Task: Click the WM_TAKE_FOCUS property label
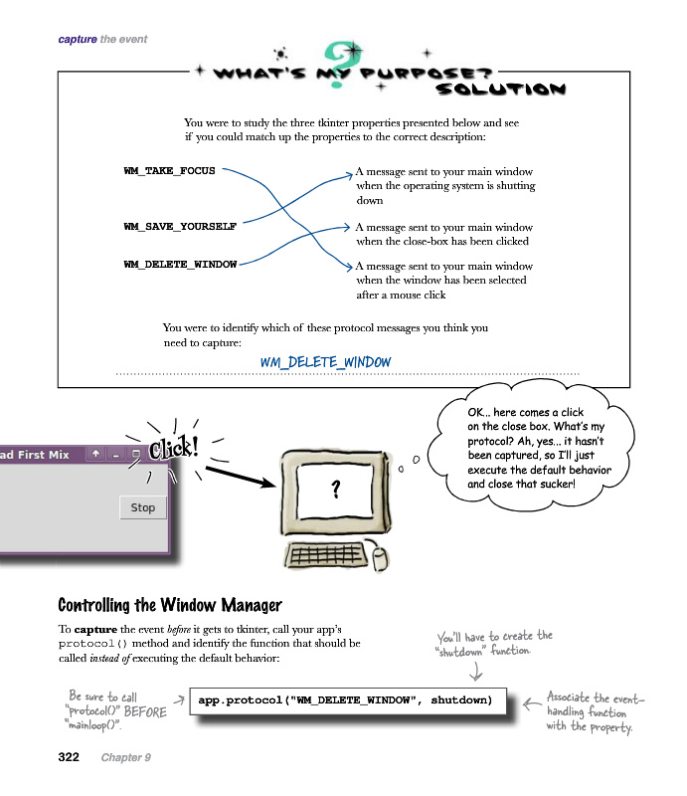[169, 171]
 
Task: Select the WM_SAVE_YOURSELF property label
[180, 226]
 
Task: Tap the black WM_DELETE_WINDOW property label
[180, 265]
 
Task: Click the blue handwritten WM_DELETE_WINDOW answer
[325, 362]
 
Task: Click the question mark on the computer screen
[336, 489]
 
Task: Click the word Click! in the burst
[173, 449]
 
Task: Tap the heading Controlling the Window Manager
[169, 605]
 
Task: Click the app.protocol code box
[344, 700]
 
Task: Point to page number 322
[69, 757]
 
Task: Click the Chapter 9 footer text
[125, 757]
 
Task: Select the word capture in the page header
[78, 39]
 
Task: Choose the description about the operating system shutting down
[445, 185]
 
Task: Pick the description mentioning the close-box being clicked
[443, 234]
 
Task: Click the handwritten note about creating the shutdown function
[493, 643]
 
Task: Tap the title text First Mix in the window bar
[43, 454]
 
